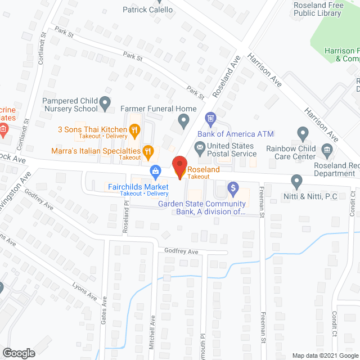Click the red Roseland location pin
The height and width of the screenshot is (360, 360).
click(x=179, y=168)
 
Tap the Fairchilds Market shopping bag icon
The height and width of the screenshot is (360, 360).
click(x=155, y=170)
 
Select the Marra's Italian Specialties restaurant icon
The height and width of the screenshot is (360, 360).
click(x=147, y=151)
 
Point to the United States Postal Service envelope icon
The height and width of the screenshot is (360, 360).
click(x=199, y=147)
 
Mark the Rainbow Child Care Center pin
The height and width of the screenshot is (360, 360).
click(x=303, y=134)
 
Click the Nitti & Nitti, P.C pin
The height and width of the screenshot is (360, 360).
click(x=297, y=181)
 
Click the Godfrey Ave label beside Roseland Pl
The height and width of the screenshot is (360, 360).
click(x=182, y=251)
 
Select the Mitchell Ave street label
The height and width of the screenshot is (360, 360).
click(x=152, y=333)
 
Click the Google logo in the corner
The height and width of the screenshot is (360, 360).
click(x=18, y=353)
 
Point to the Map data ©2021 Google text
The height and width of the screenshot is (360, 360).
click(x=325, y=355)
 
